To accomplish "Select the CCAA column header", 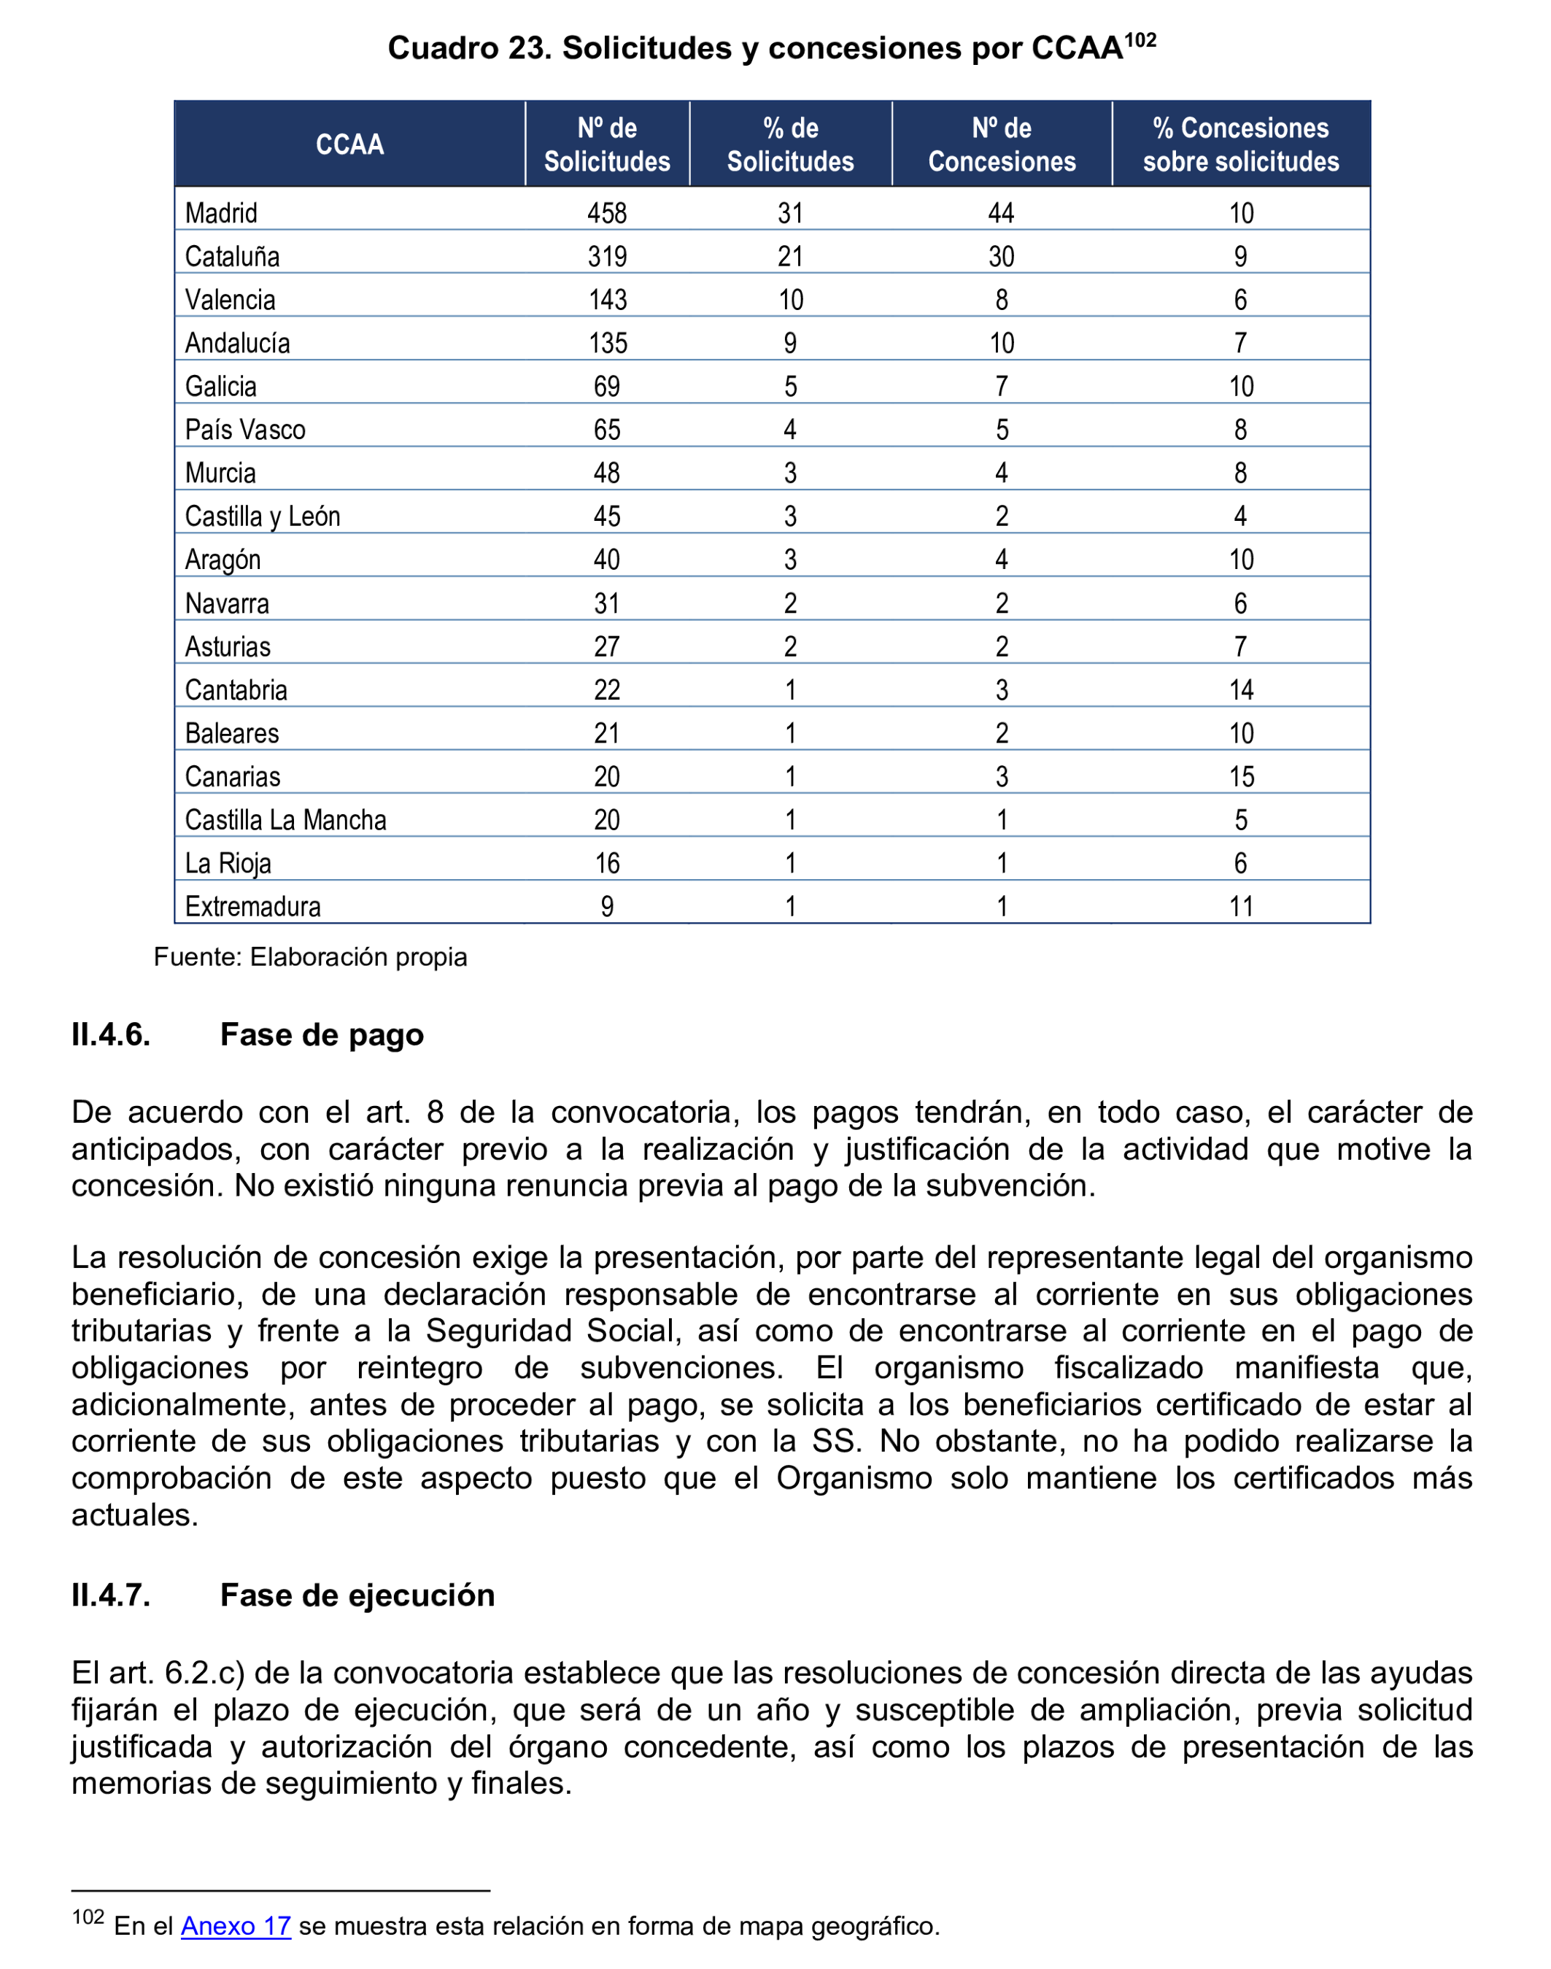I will (x=349, y=144).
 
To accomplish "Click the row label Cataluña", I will (x=233, y=257).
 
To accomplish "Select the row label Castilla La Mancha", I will (x=285, y=820).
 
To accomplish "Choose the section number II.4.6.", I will (x=111, y=1034).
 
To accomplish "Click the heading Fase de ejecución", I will (x=357, y=1595).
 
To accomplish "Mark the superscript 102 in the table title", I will (x=1140, y=40).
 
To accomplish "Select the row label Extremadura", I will (x=252, y=906).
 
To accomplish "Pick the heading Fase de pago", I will (x=322, y=1034).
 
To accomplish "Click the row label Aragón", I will (x=223, y=560).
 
